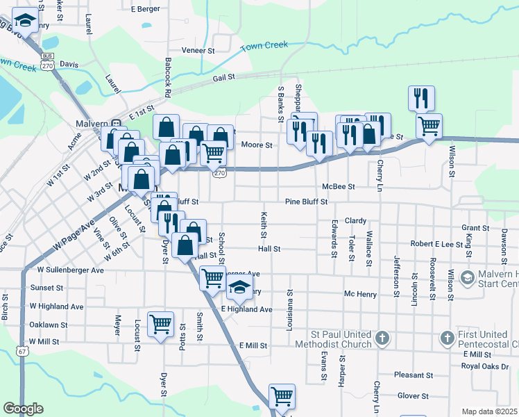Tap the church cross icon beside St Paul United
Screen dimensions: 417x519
point(382,338)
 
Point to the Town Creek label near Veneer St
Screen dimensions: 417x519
point(264,46)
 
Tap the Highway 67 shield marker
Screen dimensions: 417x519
point(23,352)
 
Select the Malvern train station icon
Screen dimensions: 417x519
point(116,124)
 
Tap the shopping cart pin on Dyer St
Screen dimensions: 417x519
point(161,323)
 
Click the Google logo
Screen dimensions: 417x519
point(23,409)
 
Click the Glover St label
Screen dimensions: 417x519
point(414,396)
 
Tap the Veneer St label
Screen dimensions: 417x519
point(198,51)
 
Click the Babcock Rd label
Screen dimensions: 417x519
point(168,76)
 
